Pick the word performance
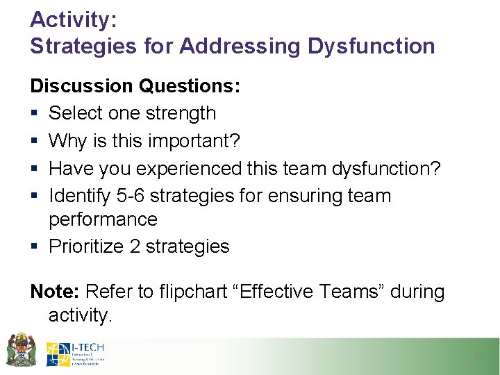(x=103, y=219)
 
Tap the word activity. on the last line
(x=80, y=315)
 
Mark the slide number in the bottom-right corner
(x=477, y=357)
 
